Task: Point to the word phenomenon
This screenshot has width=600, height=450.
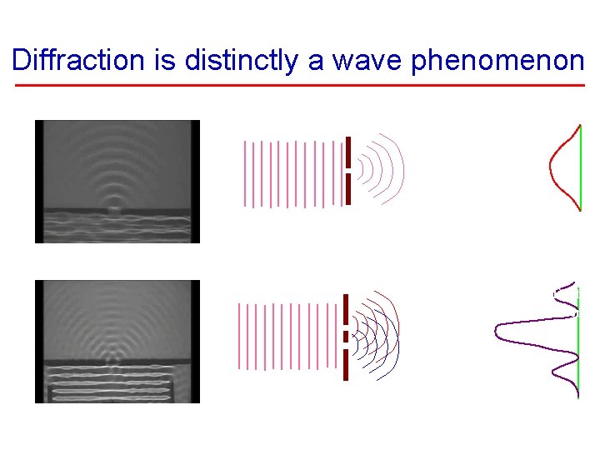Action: point(497,60)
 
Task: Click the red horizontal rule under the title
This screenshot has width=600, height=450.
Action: point(300,86)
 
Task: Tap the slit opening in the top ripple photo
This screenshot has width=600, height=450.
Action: point(113,211)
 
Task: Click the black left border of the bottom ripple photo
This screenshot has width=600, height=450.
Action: point(38,342)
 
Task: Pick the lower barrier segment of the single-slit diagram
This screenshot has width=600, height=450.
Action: point(347,188)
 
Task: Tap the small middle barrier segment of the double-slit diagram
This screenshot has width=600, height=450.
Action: point(346,337)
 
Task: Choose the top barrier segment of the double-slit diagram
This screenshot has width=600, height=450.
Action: point(346,308)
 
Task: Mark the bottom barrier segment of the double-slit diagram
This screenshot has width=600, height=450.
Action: point(346,364)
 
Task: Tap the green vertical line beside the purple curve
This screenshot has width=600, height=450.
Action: point(577,342)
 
